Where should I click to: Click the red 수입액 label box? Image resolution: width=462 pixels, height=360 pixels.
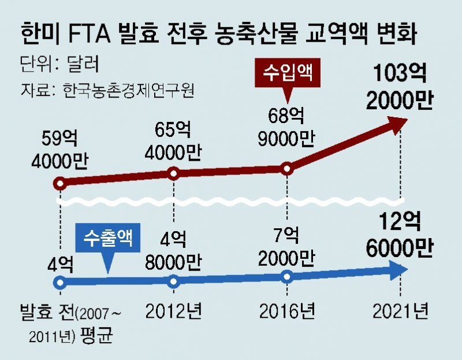[x=287, y=74]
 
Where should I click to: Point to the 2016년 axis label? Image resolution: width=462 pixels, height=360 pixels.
[x=287, y=312]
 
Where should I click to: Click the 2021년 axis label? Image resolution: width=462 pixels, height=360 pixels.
[x=400, y=312]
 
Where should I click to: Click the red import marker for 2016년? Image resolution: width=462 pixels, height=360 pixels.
[x=287, y=169]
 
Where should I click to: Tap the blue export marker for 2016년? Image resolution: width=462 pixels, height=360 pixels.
[x=287, y=277]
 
